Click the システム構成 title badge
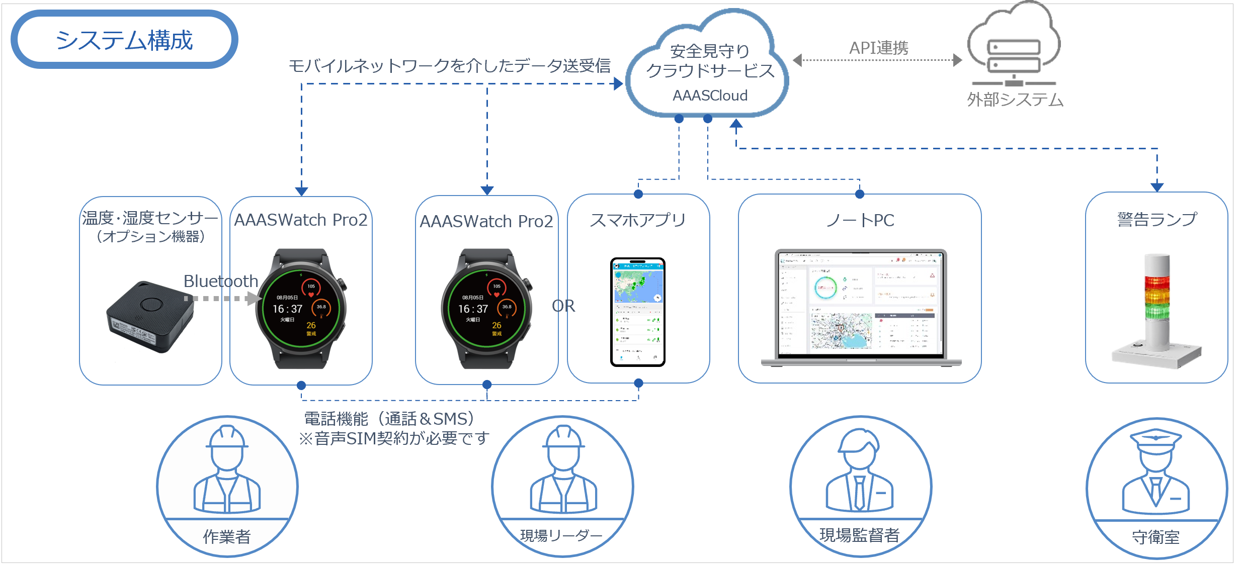pos(124,40)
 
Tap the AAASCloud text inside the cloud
pos(710,96)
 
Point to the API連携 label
pos(879,48)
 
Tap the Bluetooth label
pos(220,281)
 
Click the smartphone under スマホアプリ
pos(637,312)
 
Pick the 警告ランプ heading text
pos(1156,220)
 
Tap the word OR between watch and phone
pos(563,306)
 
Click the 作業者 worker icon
pos(227,470)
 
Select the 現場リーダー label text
pos(561,536)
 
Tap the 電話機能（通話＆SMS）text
pos(390,419)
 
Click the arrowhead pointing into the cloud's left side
pos(619,84)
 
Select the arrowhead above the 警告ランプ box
pos(1157,187)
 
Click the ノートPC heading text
pos(860,220)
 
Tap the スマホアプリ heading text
pos(638,220)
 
